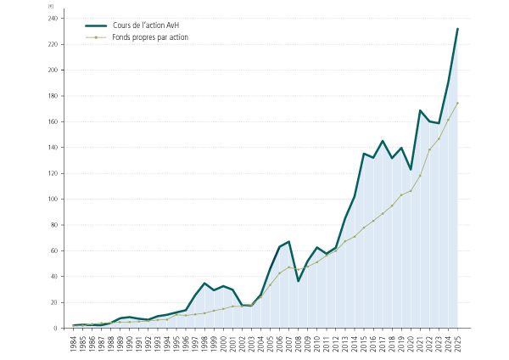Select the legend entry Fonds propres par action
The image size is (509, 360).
coord(150,37)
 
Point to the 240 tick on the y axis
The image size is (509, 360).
coord(53,19)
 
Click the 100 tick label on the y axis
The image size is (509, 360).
coord(53,200)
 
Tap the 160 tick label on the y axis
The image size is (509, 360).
coord(53,121)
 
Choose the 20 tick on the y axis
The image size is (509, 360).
coord(55,303)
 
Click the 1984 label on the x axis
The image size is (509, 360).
coord(74,343)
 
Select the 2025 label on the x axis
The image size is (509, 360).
coord(457,343)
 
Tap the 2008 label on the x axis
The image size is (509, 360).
coord(299,343)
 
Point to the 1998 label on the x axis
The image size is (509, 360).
coord(204,343)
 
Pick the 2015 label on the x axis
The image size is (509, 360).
coord(364,343)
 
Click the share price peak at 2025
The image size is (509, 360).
coord(457,28)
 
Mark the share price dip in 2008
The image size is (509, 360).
coord(299,281)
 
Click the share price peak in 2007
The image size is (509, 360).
coord(289,242)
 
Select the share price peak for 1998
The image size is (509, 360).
coord(204,284)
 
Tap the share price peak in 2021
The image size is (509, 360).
coord(420,110)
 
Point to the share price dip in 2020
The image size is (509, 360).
coord(411,170)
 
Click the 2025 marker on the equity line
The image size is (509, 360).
coord(457,104)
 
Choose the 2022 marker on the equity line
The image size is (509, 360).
coord(429,150)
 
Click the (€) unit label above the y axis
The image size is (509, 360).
coord(52,6)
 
